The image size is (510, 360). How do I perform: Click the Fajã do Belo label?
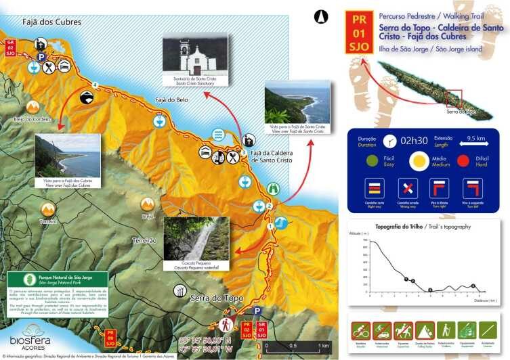[x=173, y=99]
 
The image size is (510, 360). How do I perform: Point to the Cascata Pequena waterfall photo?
[x=196, y=238]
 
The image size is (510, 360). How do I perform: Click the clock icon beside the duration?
[x=389, y=141]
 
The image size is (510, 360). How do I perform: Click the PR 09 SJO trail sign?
[x=109, y=336]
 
